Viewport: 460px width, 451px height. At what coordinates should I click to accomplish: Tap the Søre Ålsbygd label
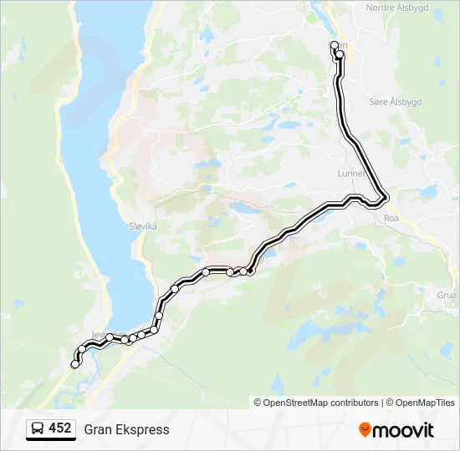click(x=396, y=101)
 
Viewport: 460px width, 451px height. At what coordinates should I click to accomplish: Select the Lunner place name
click(x=350, y=173)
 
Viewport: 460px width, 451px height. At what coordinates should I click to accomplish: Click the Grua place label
click(x=447, y=295)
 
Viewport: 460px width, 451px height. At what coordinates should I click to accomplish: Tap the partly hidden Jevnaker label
click(x=99, y=334)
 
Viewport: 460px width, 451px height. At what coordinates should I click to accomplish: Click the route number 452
click(x=60, y=428)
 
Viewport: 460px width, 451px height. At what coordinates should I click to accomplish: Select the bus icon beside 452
click(x=38, y=429)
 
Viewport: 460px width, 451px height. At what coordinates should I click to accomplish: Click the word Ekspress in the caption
click(x=139, y=429)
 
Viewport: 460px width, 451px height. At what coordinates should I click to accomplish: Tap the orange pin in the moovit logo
click(x=365, y=430)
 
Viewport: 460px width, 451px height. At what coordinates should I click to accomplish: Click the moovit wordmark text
click(x=404, y=430)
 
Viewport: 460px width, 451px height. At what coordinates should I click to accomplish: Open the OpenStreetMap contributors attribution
click(x=316, y=403)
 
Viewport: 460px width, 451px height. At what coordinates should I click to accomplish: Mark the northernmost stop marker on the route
click(x=335, y=45)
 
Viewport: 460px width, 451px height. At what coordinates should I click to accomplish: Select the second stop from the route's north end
click(x=340, y=55)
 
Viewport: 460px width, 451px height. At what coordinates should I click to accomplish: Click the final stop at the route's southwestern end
click(x=75, y=364)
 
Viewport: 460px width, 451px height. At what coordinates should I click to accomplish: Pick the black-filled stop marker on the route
click(x=250, y=271)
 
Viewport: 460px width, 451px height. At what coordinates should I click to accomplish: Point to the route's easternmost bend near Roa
click(x=386, y=199)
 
